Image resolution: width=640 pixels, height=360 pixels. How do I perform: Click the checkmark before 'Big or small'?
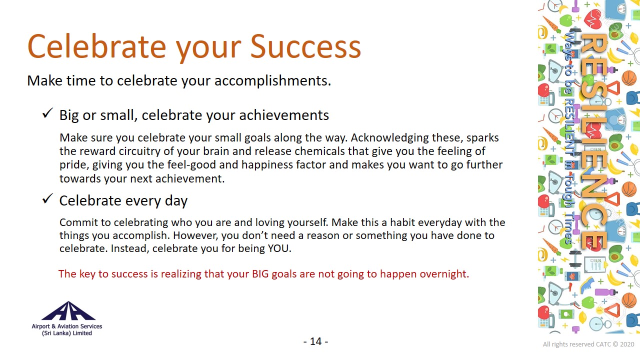point(47,113)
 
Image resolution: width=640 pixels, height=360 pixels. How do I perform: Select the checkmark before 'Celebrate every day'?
point(47,198)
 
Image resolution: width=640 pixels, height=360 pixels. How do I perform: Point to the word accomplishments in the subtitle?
point(273,81)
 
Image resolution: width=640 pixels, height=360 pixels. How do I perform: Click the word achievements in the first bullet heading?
point(284,115)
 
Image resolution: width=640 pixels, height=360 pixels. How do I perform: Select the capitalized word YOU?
point(279,248)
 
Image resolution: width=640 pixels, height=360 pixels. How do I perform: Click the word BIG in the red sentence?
point(260,274)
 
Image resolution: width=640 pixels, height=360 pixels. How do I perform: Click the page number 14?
point(315,341)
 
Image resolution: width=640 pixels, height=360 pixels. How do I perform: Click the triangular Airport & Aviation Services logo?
point(68,311)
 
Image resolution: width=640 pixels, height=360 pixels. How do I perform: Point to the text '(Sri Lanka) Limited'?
point(67,333)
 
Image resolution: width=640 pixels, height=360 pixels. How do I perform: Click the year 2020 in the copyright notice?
point(627,344)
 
